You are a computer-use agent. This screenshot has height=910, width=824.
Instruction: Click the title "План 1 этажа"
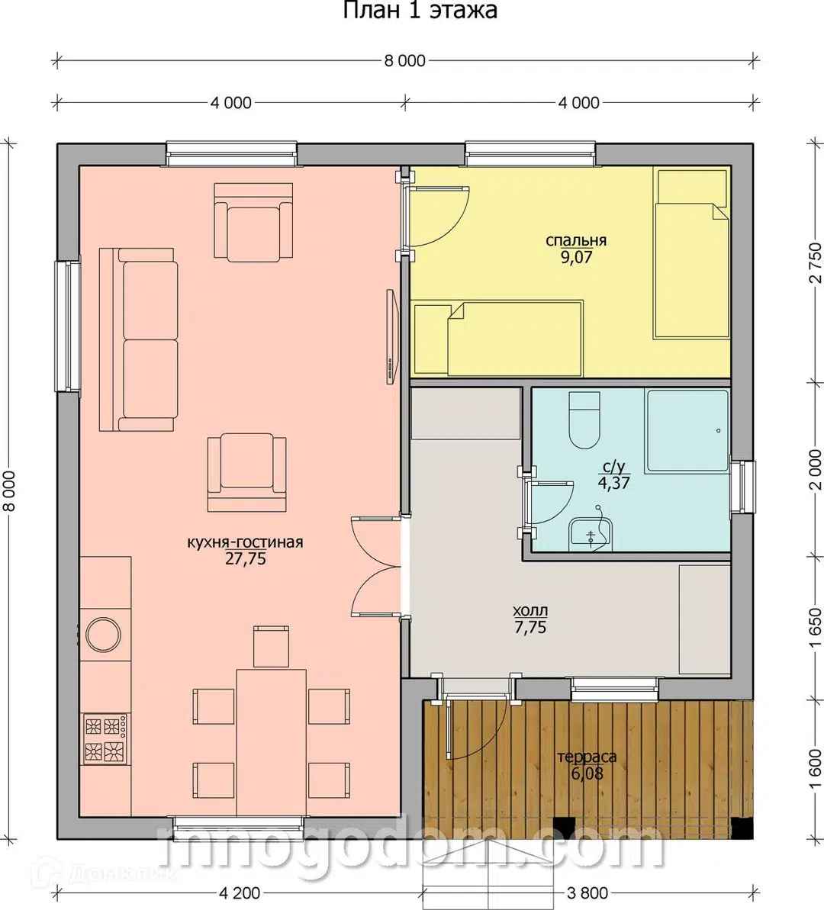pyautogui.click(x=420, y=11)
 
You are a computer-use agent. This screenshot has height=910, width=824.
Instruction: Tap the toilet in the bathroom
pyautogui.click(x=584, y=420)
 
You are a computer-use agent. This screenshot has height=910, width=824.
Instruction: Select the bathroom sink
pyautogui.click(x=590, y=532)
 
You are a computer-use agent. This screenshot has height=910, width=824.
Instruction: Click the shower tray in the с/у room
pyautogui.click(x=687, y=431)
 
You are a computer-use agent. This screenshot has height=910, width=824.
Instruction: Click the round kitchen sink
pyautogui.click(x=103, y=635)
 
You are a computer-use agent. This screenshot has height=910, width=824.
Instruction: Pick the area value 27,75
pyautogui.click(x=246, y=558)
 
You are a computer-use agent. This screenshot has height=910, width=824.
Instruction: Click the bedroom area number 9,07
pyautogui.click(x=576, y=257)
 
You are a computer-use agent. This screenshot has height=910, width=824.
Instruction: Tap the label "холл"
pyautogui.click(x=530, y=611)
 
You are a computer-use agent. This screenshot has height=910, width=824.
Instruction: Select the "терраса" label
pyautogui.click(x=587, y=757)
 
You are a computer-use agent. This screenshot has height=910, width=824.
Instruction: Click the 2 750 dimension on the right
pyautogui.click(x=816, y=262)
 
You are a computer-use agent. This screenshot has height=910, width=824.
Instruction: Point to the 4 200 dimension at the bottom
pyautogui.click(x=240, y=892)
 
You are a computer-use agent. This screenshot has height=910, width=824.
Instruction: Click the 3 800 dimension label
pyautogui.click(x=587, y=892)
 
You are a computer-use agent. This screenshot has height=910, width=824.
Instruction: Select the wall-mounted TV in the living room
pyautogui.click(x=392, y=336)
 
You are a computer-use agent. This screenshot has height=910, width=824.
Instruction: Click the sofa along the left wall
pyautogui.click(x=138, y=339)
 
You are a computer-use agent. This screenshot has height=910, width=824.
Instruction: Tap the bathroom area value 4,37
pyautogui.click(x=613, y=482)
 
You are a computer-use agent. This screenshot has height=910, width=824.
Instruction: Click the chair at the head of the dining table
pyautogui.click(x=271, y=646)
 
